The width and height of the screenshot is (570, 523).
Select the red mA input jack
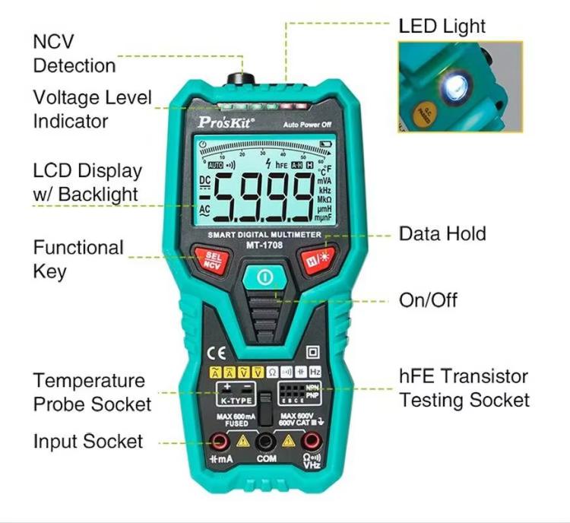220,442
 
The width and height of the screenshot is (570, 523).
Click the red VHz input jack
311,442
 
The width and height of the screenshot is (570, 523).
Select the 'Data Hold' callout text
442,233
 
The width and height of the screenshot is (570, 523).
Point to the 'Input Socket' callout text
87,441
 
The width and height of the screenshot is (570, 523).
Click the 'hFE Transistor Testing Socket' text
464,388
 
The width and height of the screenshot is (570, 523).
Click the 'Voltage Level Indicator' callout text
92,109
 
